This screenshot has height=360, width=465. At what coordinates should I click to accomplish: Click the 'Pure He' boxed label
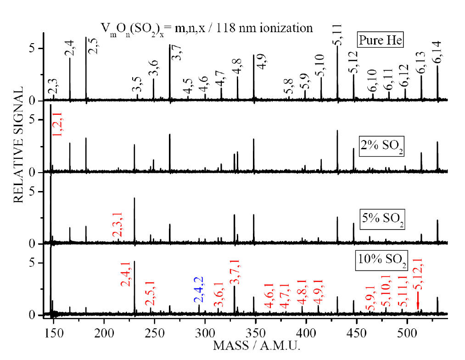coord(381,40)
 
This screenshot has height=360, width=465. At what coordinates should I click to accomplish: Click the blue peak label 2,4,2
coord(200,289)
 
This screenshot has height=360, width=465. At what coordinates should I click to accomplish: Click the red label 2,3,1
coord(117,225)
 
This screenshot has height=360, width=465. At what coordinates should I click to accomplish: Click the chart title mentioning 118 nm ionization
coord(207,28)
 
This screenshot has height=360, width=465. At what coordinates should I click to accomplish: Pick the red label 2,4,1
coord(126,274)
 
